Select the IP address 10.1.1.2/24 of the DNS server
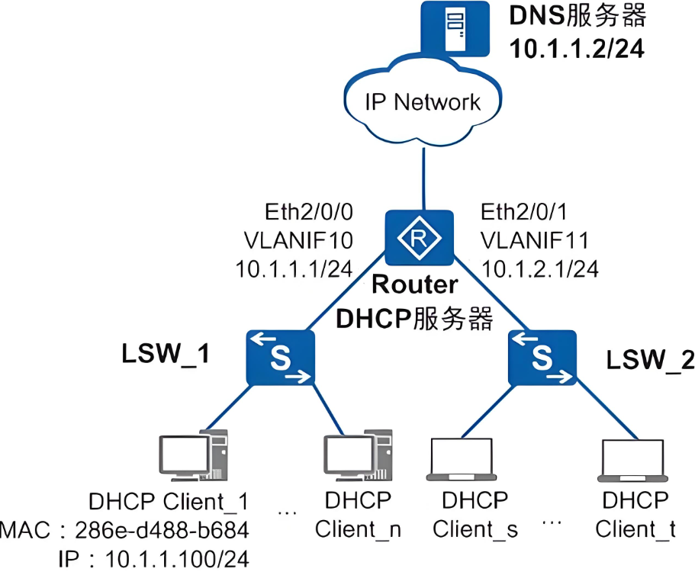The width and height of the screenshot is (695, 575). click(x=577, y=49)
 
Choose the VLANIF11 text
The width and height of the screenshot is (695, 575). click(x=533, y=240)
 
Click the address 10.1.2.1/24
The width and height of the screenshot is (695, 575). click(x=539, y=268)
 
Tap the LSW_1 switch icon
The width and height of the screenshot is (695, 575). click(x=281, y=357)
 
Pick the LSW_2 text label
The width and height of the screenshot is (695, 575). click(x=651, y=360)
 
